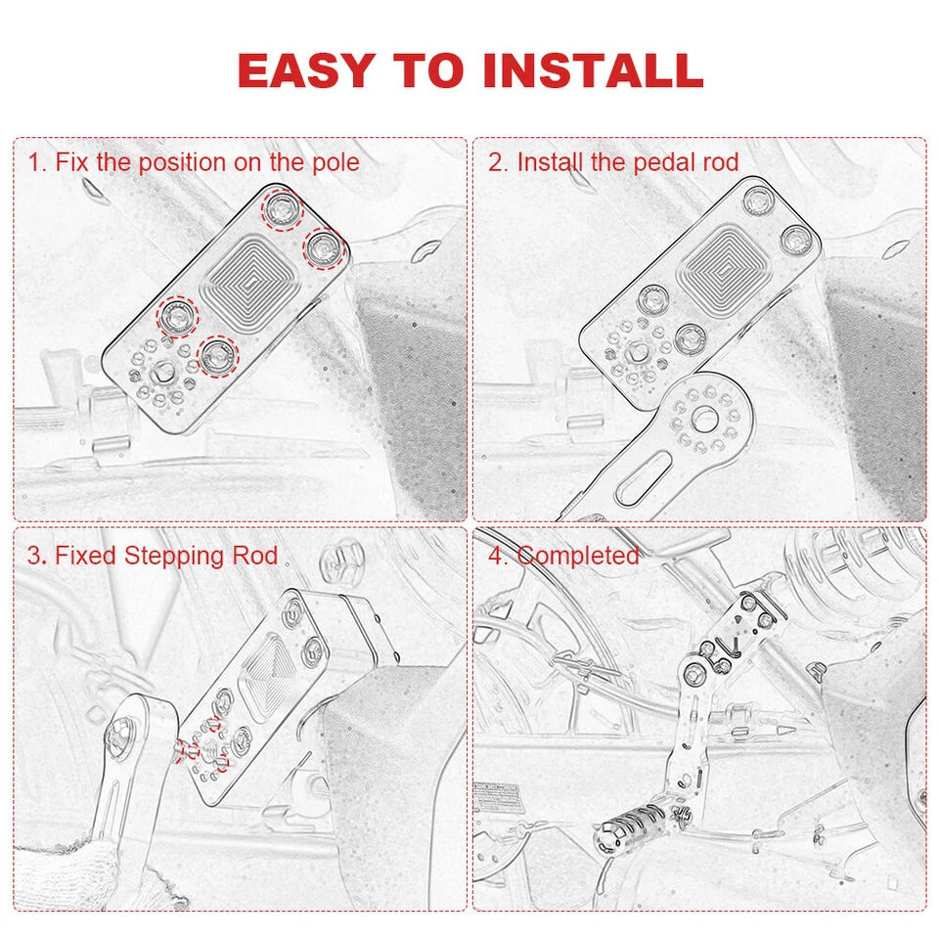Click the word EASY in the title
306,70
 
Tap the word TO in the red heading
428,70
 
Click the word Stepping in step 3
174,557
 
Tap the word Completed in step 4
578,556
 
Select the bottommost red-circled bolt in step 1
218,356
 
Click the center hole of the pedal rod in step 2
705,418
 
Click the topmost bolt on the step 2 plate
759,201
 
